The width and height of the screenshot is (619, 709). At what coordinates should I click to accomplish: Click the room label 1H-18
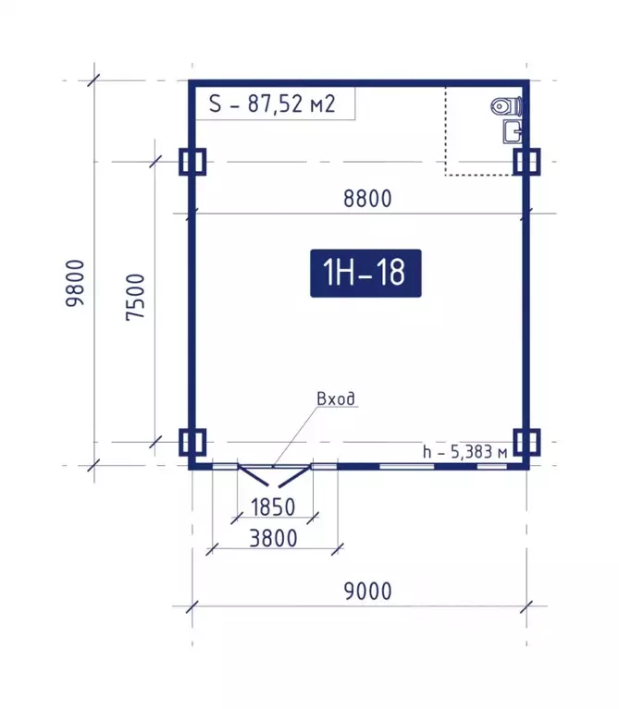pyautogui.click(x=365, y=273)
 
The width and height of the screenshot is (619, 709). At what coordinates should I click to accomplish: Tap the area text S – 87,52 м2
pyautogui.click(x=272, y=104)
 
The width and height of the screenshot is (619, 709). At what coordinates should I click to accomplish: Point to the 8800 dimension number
pyautogui.click(x=367, y=199)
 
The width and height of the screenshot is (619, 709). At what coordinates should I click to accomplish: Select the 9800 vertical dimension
pyautogui.click(x=75, y=284)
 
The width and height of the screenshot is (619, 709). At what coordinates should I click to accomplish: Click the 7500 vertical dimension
pyautogui.click(x=135, y=297)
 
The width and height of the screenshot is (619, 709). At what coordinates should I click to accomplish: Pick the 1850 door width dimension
pyautogui.click(x=273, y=507)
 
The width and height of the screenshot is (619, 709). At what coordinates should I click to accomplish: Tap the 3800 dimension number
pyautogui.click(x=273, y=539)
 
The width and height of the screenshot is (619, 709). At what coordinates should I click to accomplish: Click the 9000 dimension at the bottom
pyautogui.click(x=368, y=592)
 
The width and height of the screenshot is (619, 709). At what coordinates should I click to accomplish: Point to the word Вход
pyautogui.click(x=336, y=398)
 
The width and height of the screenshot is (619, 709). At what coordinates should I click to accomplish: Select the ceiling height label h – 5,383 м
pyautogui.click(x=465, y=452)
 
